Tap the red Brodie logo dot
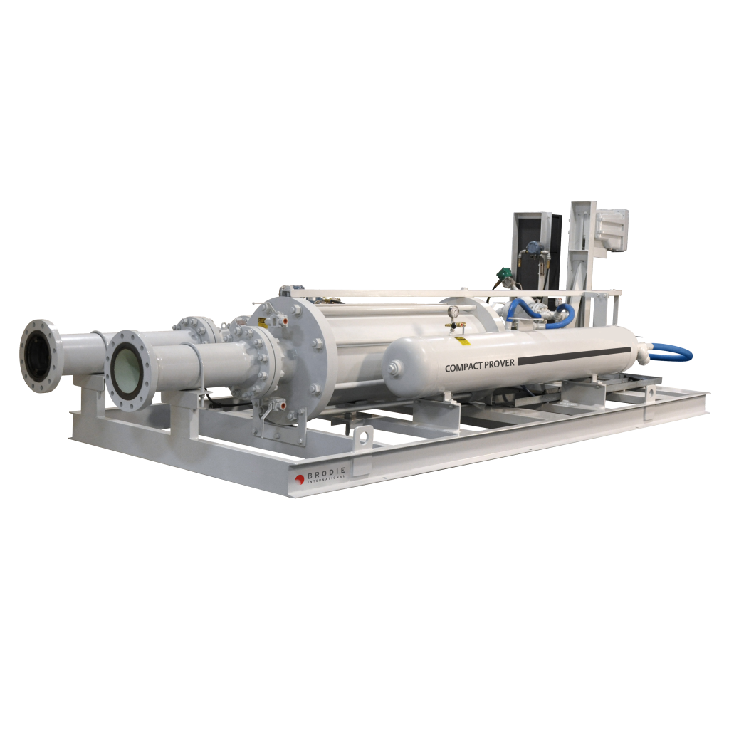click(x=300, y=479)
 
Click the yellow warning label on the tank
click(x=463, y=341)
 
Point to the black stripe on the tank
click(x=574, y=355)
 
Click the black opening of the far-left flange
click(x=40, y=355)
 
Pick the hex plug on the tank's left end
click(x=392, y=369)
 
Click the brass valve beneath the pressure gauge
click(x=453, y=325)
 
